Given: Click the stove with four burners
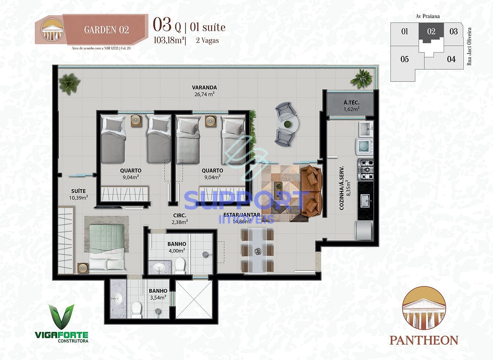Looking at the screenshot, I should (x=365, y=170).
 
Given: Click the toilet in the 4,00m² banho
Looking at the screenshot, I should (x=179, y=265).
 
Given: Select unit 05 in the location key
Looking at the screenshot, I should (x=405, y=59).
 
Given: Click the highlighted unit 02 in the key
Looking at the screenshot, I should (x=431, y=32).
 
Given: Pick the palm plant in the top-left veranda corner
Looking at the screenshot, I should (x=69, y=83).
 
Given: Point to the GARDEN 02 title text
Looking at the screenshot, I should (x=106, y=30).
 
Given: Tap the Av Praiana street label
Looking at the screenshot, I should (x=427, y=16).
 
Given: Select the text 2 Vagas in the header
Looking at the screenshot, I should (x=207, y=41).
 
